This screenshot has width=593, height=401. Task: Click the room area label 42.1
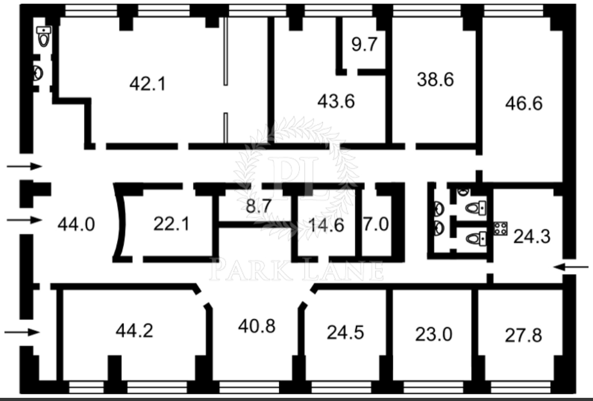click(148, 84)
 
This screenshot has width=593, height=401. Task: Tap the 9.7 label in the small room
click(364, 44)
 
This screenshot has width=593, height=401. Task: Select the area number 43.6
click(336, 101)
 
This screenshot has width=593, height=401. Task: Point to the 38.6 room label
click(435, 80)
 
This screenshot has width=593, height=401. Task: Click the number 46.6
click(524, 103)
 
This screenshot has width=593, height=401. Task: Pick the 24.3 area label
click(532, 237)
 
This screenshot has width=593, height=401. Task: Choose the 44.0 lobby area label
click(76, 224)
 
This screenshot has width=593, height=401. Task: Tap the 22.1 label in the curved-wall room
click(171, 224)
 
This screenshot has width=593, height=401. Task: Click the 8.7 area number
click(259, 206)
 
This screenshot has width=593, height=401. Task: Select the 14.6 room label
click(326, 225)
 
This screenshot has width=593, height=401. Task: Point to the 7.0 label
click(376, 224)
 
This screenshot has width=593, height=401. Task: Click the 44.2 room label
click(134, 331)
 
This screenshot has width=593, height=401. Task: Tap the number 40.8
click(257, 326)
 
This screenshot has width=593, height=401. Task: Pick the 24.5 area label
click(345, 332)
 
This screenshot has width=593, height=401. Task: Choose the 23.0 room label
click(433, 335)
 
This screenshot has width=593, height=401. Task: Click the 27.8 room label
click(523, 335)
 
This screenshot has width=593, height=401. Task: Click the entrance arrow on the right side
click(571, 267)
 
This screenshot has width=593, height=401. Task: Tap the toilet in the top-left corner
click(44, 36)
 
